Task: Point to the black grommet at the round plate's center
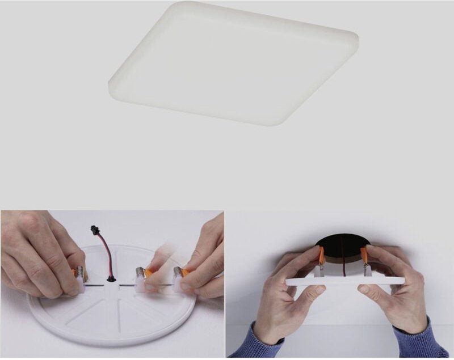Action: (x=111, y=278)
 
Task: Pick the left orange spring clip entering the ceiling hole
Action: (x=322, y=256)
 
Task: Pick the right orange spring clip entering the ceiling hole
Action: (x=364, y=256)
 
